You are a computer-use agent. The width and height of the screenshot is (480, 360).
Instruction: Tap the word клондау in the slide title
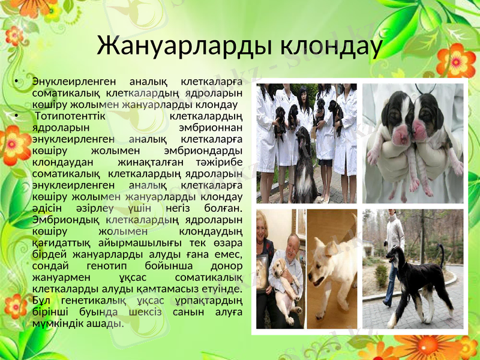tap(322, 46)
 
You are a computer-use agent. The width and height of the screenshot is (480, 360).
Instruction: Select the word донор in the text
tap(228, 266)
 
